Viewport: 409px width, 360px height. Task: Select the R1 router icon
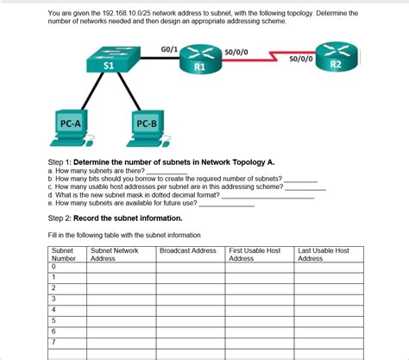point(199,60)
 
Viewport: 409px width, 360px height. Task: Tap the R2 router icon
point(336,58)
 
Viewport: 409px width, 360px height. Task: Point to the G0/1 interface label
point(170,49)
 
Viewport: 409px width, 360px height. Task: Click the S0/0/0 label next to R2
point(301,60)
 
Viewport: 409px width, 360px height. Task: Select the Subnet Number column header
point(64,255)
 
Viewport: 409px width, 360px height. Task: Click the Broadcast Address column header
point(188,250)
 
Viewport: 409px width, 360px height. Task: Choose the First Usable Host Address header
point(255,255)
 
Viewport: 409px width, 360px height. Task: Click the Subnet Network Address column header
point(114,255)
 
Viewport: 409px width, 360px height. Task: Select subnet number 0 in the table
point(53,267)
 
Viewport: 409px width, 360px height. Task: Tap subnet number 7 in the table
point(53,342)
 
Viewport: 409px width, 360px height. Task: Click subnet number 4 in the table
point(53,309)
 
